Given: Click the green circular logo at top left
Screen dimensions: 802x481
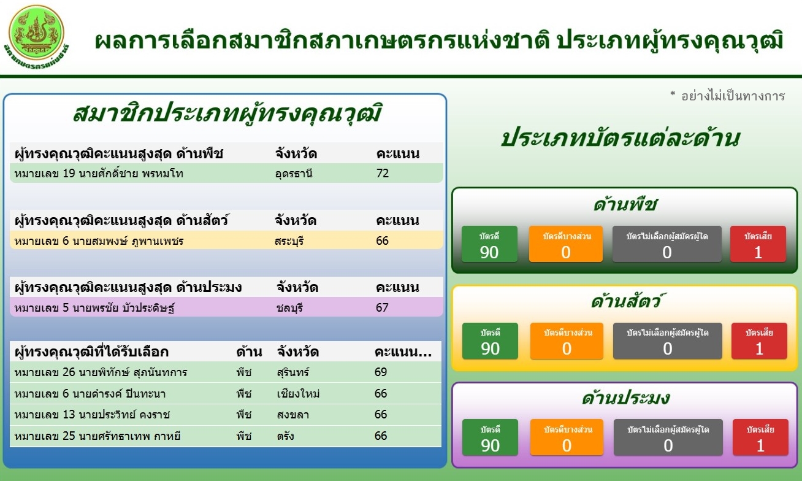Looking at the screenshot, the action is [36, 33].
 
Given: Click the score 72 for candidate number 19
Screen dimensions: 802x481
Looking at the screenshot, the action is [383, 174].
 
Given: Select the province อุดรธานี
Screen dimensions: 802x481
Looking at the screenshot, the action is [294, 174].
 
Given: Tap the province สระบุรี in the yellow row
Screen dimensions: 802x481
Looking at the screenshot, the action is [289, 240].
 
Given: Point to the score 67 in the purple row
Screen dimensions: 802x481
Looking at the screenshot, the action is [382, 307].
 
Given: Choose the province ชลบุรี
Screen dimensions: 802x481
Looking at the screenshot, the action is [289, 307].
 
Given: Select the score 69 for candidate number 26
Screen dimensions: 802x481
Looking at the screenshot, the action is [381, 372].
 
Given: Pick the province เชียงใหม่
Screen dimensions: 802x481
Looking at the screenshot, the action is [298, 393].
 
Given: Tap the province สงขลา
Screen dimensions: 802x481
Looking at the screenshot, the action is [293, 415].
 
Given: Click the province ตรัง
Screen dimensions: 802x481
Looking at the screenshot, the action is [285, 436].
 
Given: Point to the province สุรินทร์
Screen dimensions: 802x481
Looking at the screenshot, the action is [293, 372].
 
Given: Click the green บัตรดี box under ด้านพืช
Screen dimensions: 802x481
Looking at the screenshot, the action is [489, 244].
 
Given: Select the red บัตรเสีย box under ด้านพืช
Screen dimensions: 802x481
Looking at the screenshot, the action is [758, 244].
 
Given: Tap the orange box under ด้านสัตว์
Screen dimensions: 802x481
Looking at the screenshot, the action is [567, 341].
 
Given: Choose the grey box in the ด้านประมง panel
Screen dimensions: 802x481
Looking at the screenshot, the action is [668, 437].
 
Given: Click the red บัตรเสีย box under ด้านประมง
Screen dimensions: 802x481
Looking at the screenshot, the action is [760, 437].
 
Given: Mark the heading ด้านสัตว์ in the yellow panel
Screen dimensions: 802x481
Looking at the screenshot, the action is [626, 301].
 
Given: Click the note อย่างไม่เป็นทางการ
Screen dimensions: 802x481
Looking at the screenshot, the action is [733, 96].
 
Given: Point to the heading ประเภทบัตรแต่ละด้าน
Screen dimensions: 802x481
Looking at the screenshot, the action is [621, 138].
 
